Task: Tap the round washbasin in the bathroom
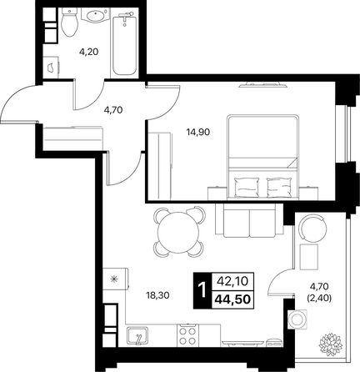point(95,15)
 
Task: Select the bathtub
point(124,43)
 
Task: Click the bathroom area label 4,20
point(89,52)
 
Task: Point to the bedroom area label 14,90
point(198,133)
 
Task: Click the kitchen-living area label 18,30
point(157,295)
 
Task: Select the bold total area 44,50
point(232,299)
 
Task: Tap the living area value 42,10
point(232,281)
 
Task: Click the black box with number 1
point(202,290)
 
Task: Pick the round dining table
point(178,232)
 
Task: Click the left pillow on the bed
point(247,188)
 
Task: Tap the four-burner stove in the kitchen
point(187,335)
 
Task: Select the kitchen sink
point(137,336)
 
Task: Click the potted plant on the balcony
point(332,343)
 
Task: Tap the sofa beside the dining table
point(249,221)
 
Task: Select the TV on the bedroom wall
point(262,85)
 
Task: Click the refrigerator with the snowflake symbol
point(116,279)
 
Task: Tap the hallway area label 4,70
point(113,110)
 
